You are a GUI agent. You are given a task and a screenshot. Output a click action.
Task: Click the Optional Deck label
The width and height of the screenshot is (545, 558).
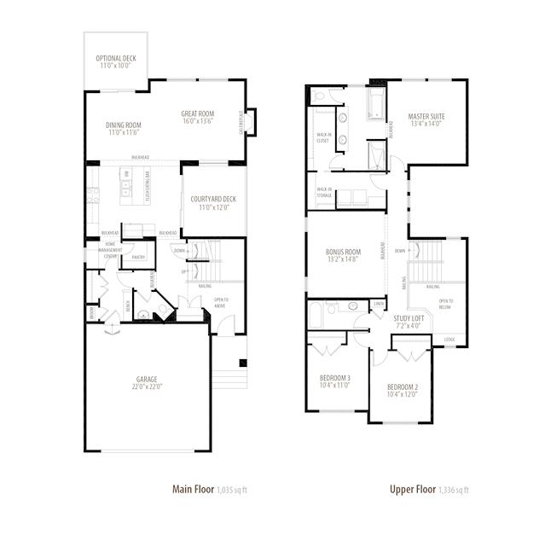(x=115, y=59)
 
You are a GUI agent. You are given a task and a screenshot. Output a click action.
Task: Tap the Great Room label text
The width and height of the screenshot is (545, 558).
(x=197, y=114)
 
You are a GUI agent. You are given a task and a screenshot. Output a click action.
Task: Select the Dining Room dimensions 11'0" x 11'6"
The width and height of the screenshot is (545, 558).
(x=124, y=133)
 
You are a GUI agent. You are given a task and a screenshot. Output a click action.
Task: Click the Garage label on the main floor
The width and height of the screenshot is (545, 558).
(x=147, y=380)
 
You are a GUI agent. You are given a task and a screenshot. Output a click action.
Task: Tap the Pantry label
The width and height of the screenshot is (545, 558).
(x=137, y=257)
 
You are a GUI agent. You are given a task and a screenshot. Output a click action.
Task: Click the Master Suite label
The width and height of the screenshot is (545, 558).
(x=426, y=116)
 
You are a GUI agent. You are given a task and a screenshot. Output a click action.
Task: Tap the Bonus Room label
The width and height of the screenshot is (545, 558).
(x=343, y=253)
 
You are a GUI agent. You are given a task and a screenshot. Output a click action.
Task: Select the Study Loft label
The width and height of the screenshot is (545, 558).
(x=409, y=318)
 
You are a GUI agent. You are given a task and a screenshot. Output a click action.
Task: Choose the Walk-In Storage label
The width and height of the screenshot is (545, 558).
(x=324, y=193)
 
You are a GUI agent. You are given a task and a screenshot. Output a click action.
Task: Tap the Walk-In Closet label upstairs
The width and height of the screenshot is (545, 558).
(x=323, y=137)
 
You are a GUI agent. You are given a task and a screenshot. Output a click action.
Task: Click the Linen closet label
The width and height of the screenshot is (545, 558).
(x=378, y=303)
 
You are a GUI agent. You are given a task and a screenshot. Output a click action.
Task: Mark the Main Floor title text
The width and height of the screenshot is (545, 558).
(x=193, y=490)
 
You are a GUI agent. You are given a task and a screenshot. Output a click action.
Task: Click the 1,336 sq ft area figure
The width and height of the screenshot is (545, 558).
(x=453, y=491)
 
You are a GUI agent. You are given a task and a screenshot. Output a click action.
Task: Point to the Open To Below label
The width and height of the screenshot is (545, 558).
(x=445, y=305)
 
